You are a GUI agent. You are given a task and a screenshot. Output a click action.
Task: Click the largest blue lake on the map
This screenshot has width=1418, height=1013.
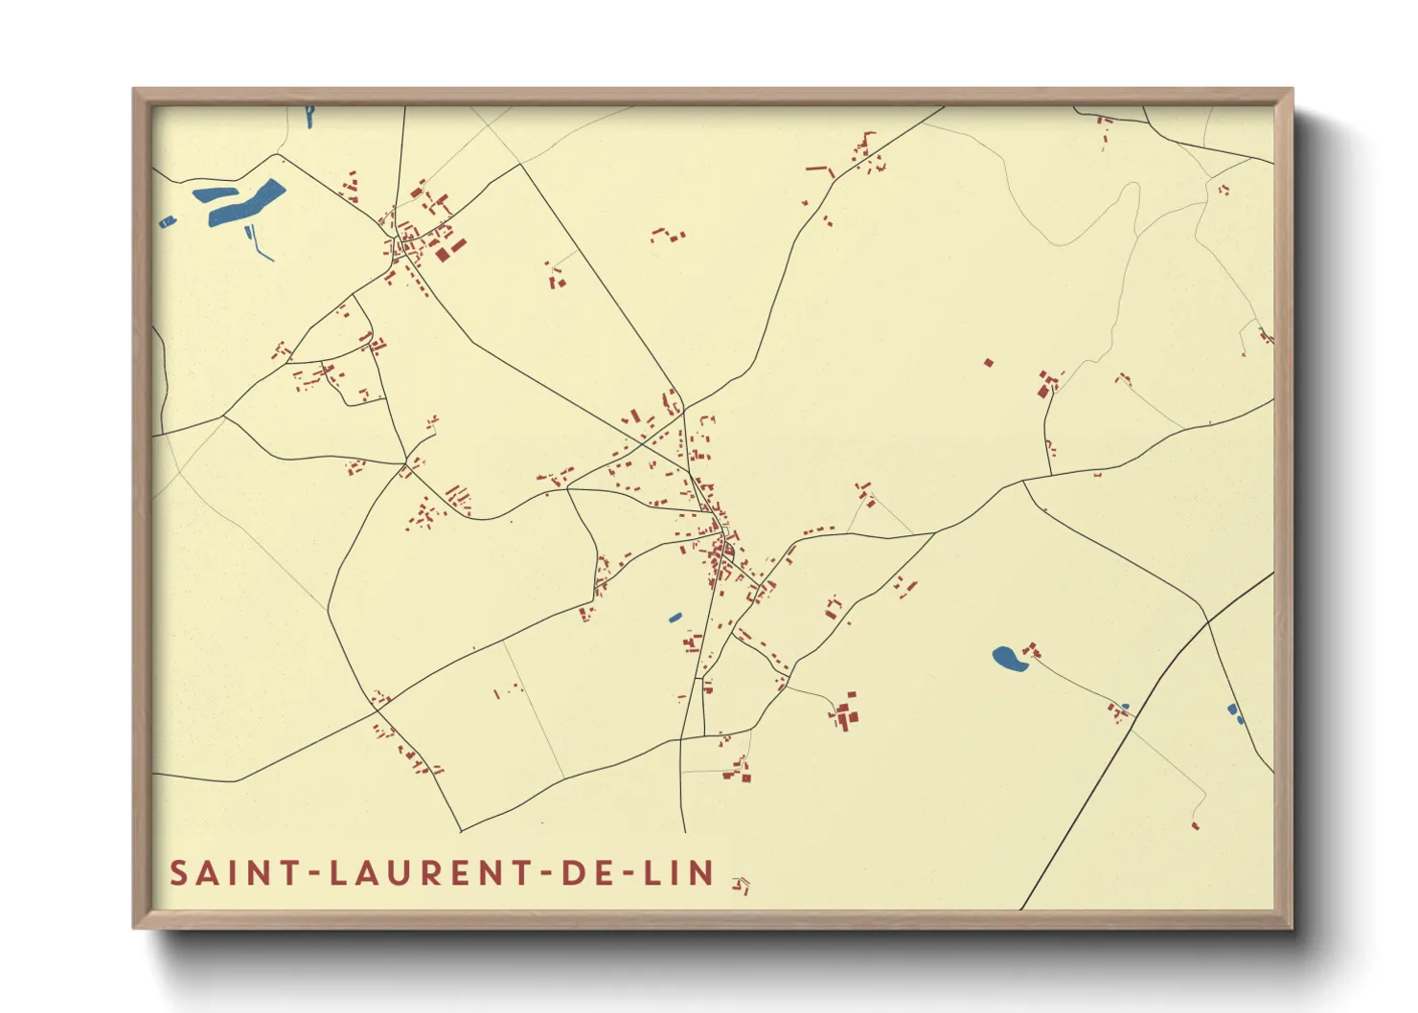pos(247,204)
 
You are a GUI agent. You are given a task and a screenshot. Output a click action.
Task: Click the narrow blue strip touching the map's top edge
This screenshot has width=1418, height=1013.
pos(309,117)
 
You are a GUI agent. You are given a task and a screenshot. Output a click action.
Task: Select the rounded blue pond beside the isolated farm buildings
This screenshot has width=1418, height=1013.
pos(1005,658)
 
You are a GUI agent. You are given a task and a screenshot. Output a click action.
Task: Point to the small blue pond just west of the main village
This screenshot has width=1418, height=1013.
pos(675,618)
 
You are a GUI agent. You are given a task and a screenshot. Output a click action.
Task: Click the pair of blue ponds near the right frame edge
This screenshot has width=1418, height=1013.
pos(1235,713)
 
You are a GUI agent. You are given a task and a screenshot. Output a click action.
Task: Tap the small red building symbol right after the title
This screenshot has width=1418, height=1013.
pos(741,885)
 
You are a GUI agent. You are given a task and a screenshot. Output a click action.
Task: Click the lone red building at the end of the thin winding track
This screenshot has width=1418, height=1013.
pos(1195,824)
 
